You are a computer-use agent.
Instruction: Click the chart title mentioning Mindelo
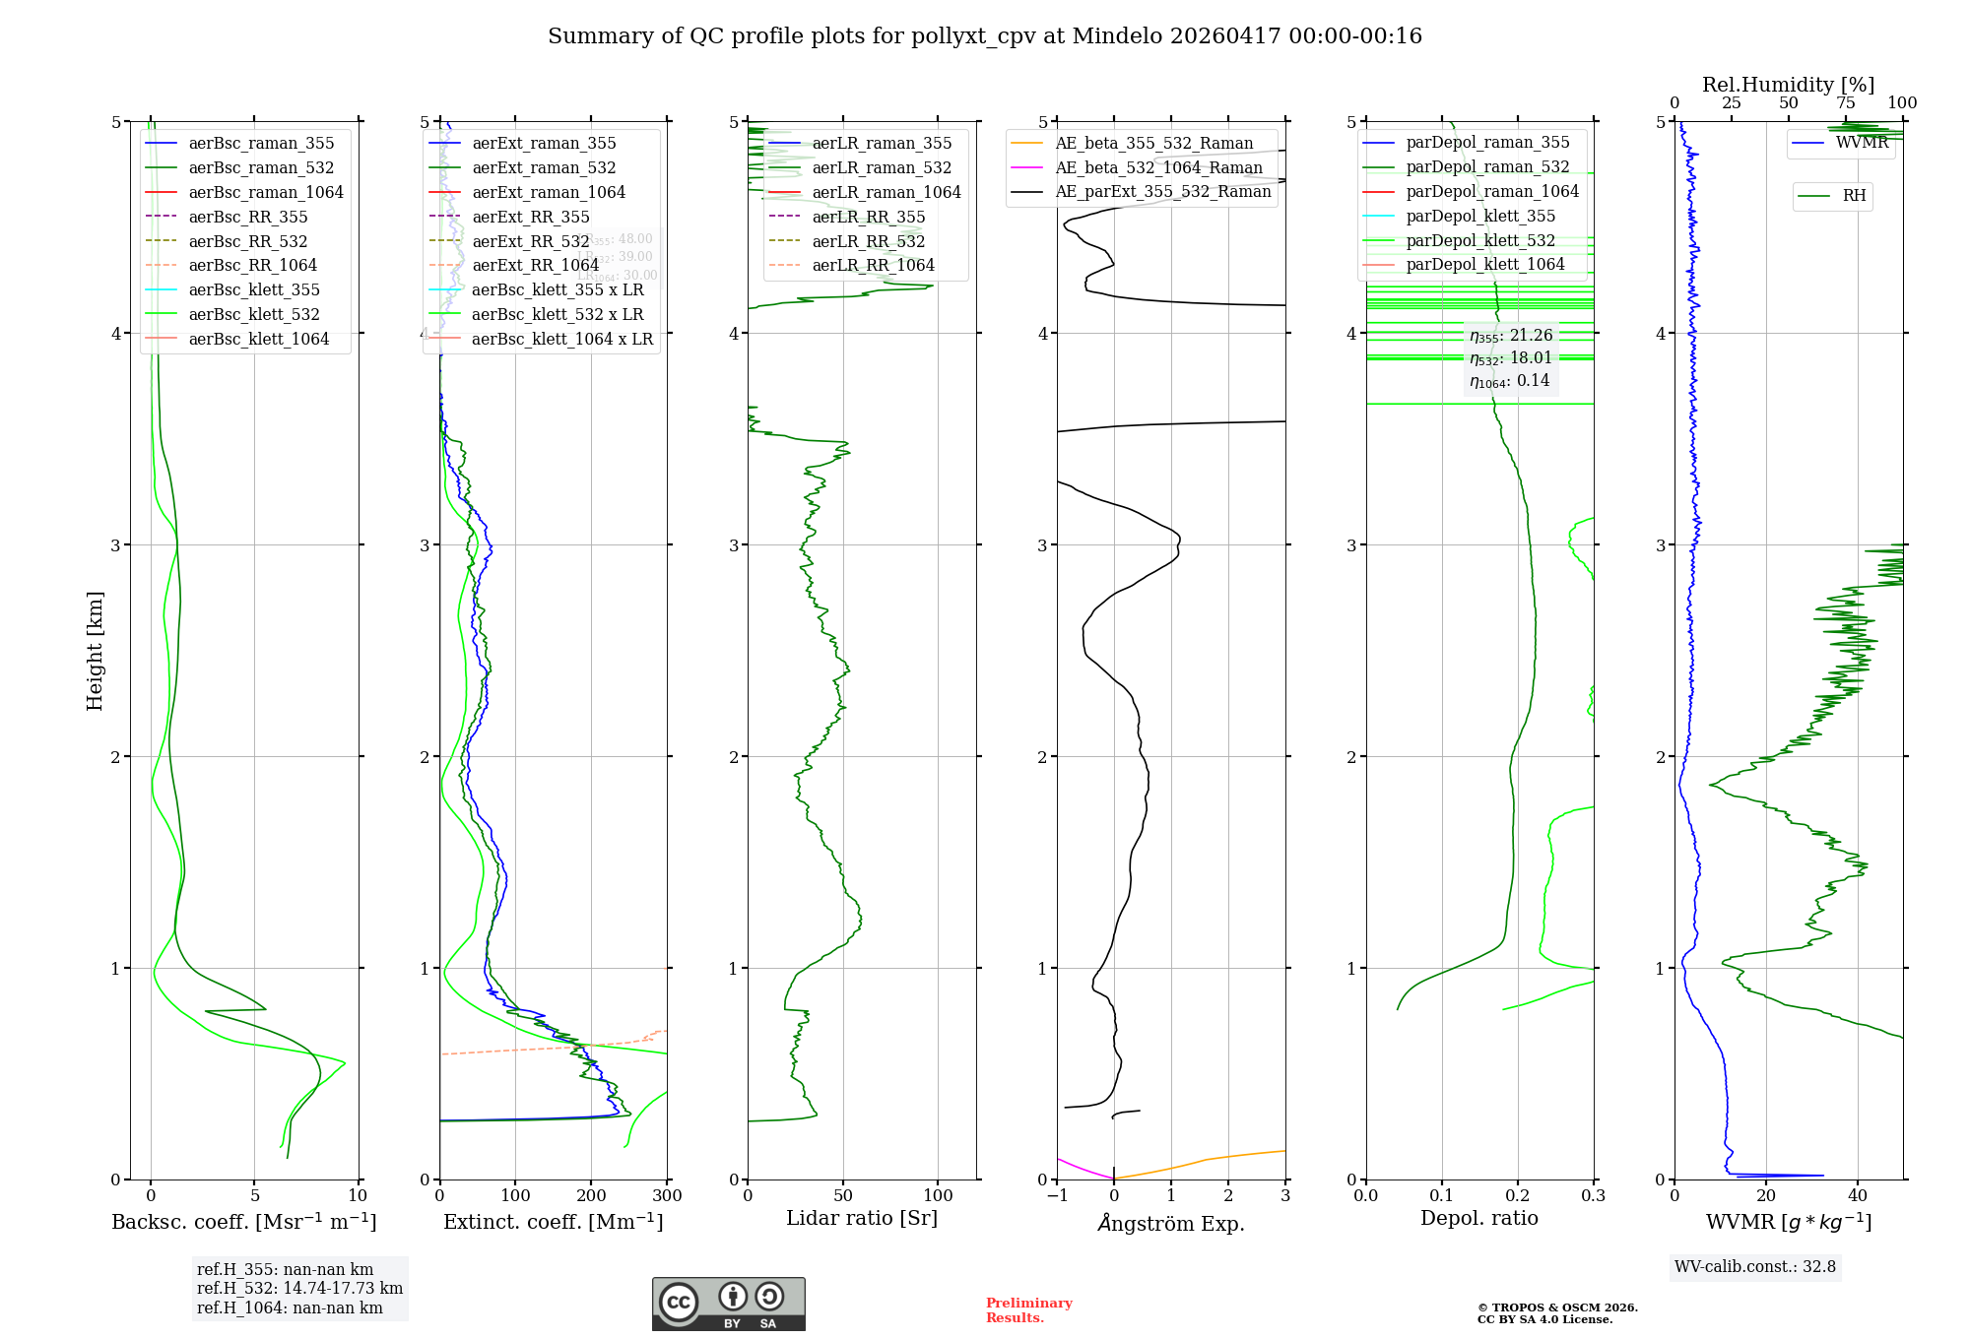[x=985, y=36]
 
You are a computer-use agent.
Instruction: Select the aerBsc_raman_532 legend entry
[x=261, y=168]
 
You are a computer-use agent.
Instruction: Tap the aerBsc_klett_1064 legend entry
[x=258, y=340]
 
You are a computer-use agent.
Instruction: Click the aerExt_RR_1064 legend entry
[x=535, y=266]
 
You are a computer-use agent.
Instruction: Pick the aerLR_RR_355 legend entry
[x=868, y=218]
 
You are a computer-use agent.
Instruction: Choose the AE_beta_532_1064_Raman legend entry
[x=1158, y=168]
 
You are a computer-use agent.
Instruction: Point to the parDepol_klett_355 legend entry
[x=1480, y=217]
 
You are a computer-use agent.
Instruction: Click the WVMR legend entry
[x=1862, y=143]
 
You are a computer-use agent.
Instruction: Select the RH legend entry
[x=1854, y=196]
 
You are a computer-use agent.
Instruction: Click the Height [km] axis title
[x=95, y=651]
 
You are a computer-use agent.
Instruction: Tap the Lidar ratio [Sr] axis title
[x=862, y=1219]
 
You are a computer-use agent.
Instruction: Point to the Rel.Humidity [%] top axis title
[x=1788, y=85]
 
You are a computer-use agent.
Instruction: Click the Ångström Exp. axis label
[x=1171, y=1224]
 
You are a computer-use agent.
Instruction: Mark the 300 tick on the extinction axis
[x=667, y=1196]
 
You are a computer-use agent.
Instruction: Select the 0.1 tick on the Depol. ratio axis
[x=1442, y=1196]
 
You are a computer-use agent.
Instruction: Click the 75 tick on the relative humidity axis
[x=1846, y=103]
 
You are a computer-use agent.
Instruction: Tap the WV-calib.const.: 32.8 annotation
[x=1755, y=1267]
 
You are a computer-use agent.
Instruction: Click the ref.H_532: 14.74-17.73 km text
[x=299, y=1289]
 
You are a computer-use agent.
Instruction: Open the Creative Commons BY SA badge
[x=728, y=1305]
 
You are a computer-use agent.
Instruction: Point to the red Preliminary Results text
[x=1028, y=1310]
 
